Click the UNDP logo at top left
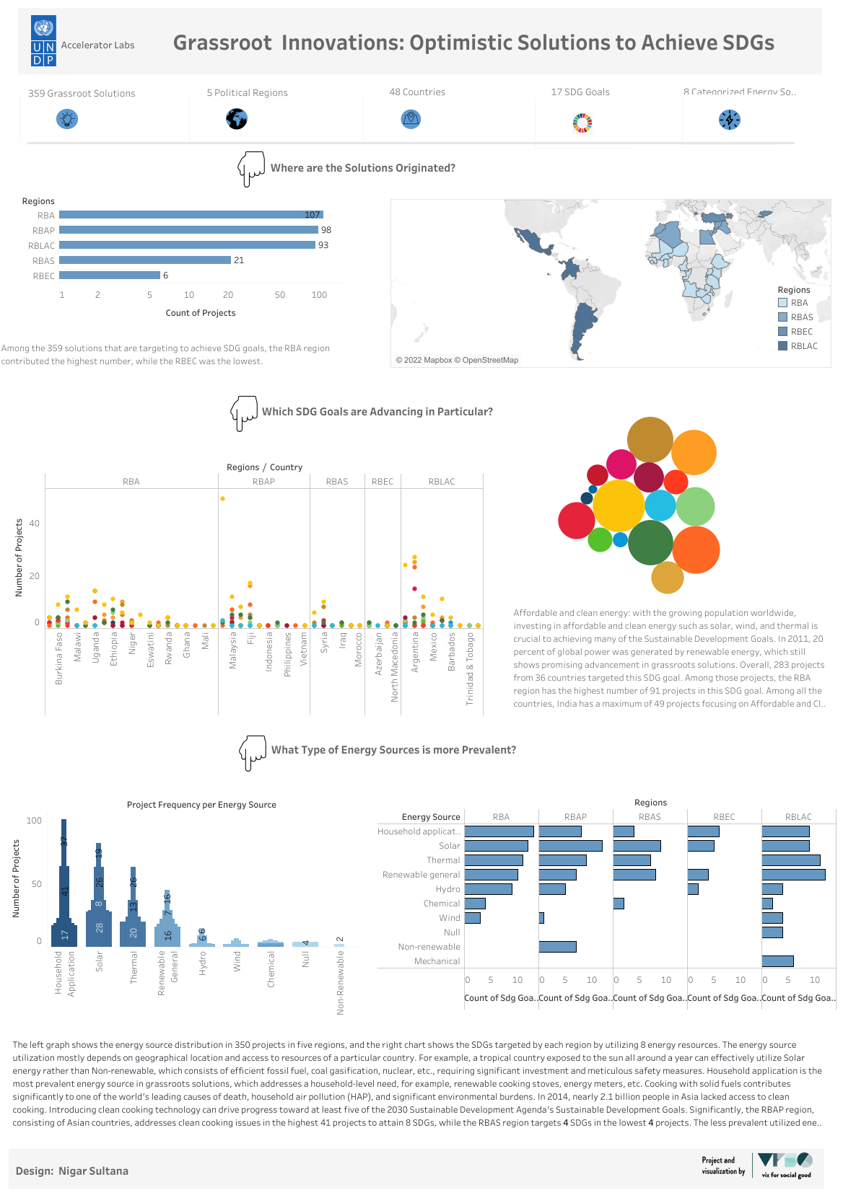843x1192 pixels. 43,41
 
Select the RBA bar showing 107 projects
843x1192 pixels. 191,215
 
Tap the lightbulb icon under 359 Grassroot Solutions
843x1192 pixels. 66,118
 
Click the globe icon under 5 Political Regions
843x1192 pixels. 237,118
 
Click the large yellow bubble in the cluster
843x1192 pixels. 619,506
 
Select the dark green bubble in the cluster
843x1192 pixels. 650,542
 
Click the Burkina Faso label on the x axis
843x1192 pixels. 59,658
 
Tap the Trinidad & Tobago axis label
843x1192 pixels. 470,668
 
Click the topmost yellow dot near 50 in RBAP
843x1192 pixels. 222,498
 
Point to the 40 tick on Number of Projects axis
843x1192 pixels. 35,524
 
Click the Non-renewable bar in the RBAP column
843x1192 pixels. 557,947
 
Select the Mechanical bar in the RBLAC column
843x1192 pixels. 777,961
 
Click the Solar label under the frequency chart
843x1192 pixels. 100,961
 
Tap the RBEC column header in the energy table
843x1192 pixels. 724,817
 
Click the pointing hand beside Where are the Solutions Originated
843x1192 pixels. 251,169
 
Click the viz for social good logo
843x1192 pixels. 785,1165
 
